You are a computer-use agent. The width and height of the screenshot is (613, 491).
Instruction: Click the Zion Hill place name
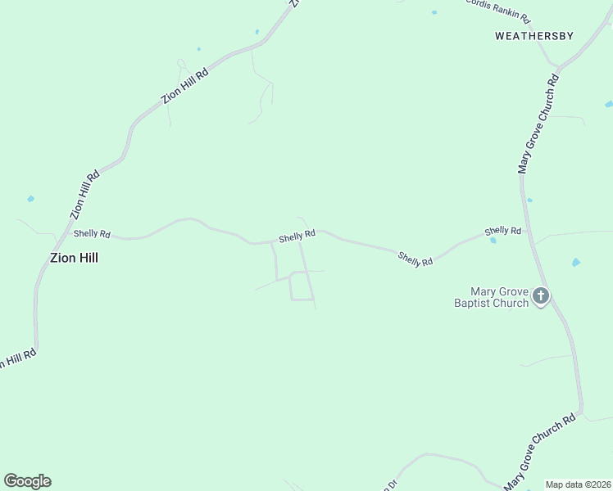coord(75,257)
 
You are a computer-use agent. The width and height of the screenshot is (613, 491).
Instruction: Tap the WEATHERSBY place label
coord(534,36)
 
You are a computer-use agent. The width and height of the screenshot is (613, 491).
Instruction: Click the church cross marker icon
coord(540,295)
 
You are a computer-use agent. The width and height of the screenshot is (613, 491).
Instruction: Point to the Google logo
coord(27,481)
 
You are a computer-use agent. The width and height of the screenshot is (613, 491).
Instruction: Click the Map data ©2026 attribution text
coord(578,484)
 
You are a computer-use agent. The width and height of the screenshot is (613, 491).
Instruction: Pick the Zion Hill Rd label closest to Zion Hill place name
coord(85,193)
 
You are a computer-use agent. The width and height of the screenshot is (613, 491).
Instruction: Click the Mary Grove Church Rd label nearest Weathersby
coord(538,124)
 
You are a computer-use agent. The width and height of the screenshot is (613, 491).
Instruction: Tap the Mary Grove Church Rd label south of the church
coord(542,452)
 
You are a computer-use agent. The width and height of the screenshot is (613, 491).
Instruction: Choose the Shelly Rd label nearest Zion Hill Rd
coord(92,233)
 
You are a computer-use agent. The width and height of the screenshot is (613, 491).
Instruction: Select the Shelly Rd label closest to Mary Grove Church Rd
coord(502,232)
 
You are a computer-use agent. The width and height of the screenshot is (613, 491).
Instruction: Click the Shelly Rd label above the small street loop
coord(297,236)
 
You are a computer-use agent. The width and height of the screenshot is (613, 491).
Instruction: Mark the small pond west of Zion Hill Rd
coord(31,199)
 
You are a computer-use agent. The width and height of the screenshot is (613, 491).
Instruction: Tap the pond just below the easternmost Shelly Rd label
coord(493,241)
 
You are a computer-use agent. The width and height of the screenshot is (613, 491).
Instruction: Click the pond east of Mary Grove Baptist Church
coord(575,263)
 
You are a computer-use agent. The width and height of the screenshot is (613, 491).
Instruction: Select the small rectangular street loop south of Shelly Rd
coord(301,286)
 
